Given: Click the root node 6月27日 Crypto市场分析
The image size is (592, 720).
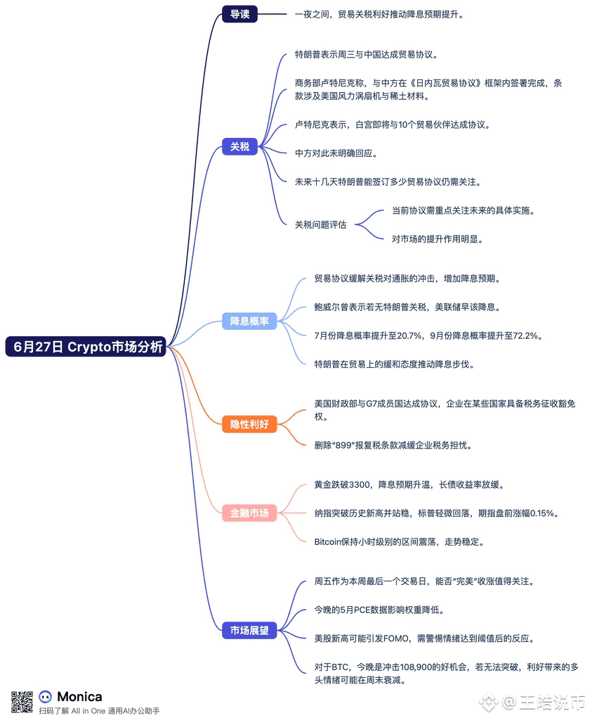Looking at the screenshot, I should pyautogui.click(x=86, y=347).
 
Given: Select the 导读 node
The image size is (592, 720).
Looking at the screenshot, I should pyautogui.click(x=239, y=14).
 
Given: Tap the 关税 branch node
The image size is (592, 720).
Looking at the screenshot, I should pyautogui.click(x=239, y=147).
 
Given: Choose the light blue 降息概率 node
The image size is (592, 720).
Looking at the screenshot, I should pyautogui.click(x=249, y=321).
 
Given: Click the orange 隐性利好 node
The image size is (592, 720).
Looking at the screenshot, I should pyautogui.click(x=249, y=424).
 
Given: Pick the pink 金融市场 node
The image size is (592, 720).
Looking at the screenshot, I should pyautogui.click(x=249, y=513).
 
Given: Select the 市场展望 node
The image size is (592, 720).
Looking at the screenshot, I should pyautogui.click(x=249, y=631).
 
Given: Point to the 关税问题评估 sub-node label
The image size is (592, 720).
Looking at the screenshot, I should pyautogui.click(x=320, y=225).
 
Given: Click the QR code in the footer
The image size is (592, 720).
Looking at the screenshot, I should pyautogui.click(x=22, y=702).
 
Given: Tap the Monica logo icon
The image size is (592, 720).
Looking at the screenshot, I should pyautogui.click(x=46, y=697).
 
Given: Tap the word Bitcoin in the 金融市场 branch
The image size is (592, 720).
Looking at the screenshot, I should pyautogui.click(x=332, y=542).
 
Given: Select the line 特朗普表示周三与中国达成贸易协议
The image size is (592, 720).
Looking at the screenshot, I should pyautogui.click(x=367, y=54).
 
